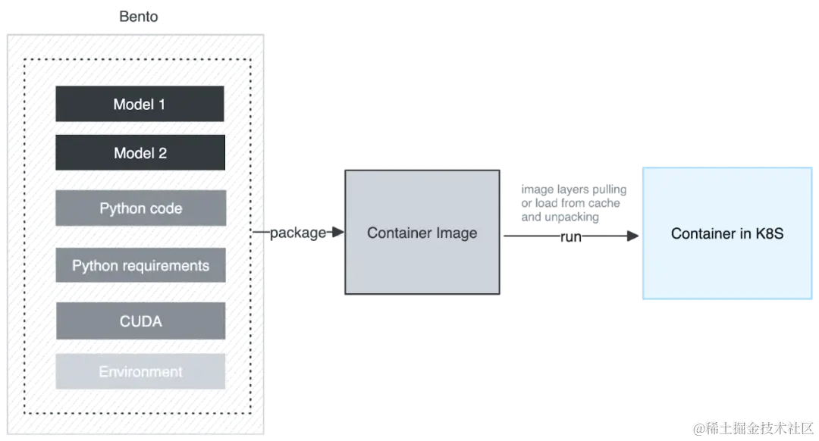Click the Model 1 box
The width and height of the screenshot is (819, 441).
tap(140, 104)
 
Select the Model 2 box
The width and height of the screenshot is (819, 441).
tap(140, 152)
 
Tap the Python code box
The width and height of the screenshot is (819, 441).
tap(141, 208)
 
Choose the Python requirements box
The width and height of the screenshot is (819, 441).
tap(141, 265)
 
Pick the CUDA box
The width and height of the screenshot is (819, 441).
tap(141, 321)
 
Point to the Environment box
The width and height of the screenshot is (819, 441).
tap(141, 372)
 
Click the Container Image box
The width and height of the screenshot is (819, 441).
tap(422, 231)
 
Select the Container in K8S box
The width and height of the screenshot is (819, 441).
tap(726, 233)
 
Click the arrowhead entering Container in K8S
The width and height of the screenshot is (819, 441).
tap(633, 236)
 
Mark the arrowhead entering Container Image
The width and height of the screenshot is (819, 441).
tap(338, 234)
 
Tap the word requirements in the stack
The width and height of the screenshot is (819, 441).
tap(166, 266)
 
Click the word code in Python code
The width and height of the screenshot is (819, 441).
tap(165, 208)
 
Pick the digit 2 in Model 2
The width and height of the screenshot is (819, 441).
tap(162, 153)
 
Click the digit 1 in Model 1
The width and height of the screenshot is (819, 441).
tap(161, 105)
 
